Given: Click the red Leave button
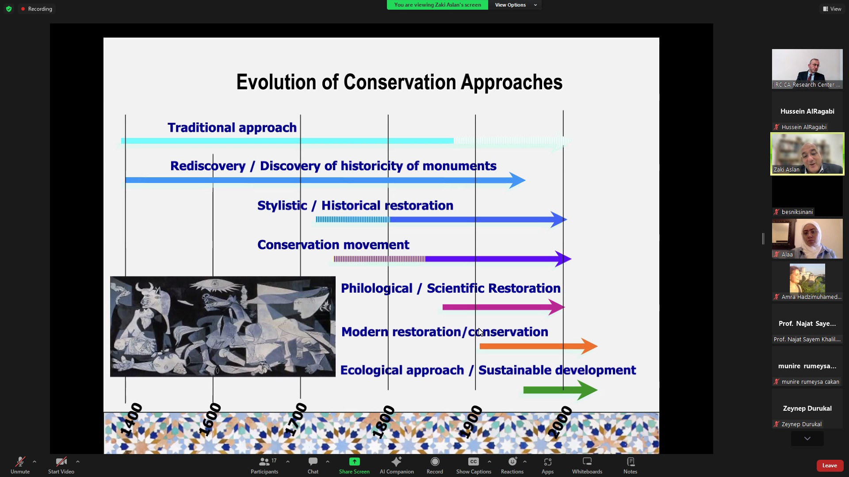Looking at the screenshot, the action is [829, 465].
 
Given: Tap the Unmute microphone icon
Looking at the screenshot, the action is [20, 462].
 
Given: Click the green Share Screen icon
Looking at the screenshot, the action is [354, 462].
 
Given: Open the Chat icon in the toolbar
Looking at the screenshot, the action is [313, 462].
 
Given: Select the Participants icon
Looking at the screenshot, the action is [264, 462].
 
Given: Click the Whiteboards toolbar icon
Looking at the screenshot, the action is [587, 462].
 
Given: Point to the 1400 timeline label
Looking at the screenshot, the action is [131, 420].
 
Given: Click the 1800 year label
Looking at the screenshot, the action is [383, 421].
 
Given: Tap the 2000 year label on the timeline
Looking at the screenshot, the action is [560, 423].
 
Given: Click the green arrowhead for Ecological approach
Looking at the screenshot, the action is [588, 390].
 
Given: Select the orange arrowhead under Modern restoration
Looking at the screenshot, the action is [589, 346].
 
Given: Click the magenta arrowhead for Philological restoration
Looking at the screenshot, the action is [557, 307].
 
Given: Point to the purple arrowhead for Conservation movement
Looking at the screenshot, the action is [563, 259].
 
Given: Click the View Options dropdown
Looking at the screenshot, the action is [516, 5].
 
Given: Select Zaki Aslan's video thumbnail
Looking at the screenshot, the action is [807, 154].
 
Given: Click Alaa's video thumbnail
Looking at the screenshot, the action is [807, 239].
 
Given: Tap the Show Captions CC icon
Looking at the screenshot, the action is [474, 462].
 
